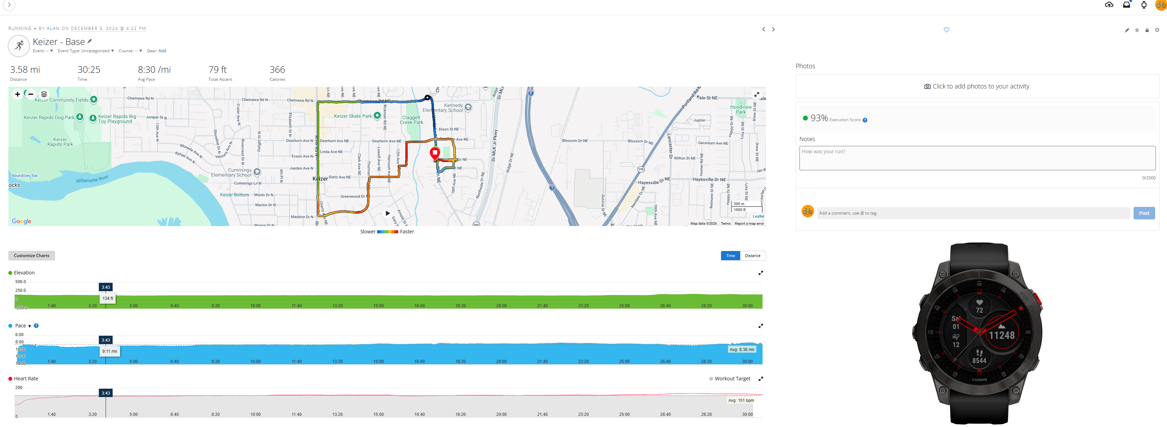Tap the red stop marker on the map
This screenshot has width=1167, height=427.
coord(434,153)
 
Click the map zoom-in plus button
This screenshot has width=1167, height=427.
coord(17,94)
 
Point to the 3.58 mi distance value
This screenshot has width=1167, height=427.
coord(25,70)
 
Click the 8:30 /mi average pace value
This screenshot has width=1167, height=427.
coord(154,70)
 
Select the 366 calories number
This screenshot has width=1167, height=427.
coord(277,70)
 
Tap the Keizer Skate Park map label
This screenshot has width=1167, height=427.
coord(353,116)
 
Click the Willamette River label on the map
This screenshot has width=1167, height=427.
coord(92,179)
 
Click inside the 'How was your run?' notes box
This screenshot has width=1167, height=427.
coord(977,158)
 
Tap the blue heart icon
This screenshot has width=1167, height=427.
coord(946,30)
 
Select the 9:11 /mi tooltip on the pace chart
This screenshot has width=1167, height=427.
coord(110,351)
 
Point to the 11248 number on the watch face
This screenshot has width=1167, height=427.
coord(1001,335)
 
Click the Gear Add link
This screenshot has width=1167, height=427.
coord(162,51)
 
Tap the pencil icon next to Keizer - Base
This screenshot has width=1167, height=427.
coord(90,41)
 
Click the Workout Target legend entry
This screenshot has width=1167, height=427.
coord(732,379)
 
